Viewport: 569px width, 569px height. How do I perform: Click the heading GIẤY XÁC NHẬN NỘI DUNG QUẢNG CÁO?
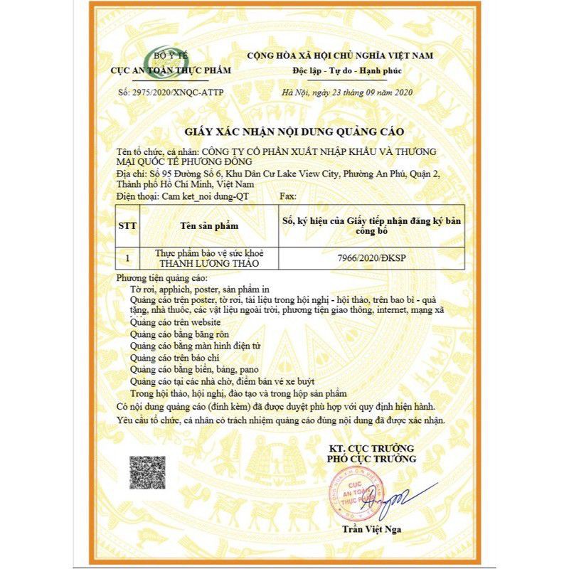pyautogui.click(x=284, y=132)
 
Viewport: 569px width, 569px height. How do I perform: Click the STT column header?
pyautogui.click(x=127, y=225)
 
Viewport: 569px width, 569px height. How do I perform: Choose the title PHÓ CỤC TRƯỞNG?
pyautogui.click(x=371, y=459)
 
